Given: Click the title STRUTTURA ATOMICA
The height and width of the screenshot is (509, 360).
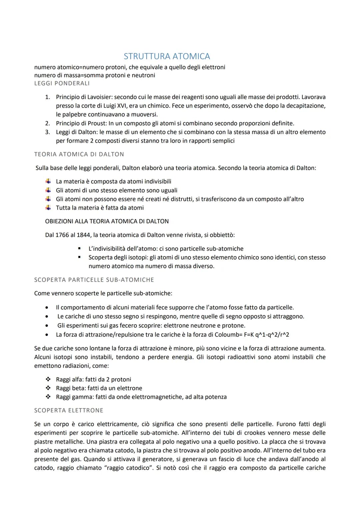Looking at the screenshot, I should pos(167,56).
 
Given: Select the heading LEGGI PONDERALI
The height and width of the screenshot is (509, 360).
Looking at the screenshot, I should pos(62,83).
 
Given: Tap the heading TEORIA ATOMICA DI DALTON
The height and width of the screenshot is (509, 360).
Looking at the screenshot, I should pos(79,154).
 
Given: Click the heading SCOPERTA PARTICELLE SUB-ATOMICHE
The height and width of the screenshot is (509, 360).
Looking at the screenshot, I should pos(94,280).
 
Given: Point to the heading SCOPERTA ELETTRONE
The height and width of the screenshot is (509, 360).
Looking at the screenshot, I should pos(69,411).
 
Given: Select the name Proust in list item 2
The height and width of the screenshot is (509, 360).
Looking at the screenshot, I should pos(97,123).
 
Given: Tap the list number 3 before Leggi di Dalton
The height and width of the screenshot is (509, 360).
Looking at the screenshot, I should pos(48,132).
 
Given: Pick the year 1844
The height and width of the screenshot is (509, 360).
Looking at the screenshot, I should pos(83,235).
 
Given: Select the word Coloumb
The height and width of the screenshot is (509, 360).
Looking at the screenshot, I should pos(229,335).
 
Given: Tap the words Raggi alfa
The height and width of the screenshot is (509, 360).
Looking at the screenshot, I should pos(69,380).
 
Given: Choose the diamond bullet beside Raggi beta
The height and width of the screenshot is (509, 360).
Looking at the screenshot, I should pos(48,388).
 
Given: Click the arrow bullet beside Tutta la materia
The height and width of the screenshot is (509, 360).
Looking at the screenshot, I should pos(48,208).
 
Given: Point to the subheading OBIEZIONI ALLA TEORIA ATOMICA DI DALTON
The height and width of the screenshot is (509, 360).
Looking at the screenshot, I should pos(107,221).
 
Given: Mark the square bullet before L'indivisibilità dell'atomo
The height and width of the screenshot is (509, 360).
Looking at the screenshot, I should pos(79,249).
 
